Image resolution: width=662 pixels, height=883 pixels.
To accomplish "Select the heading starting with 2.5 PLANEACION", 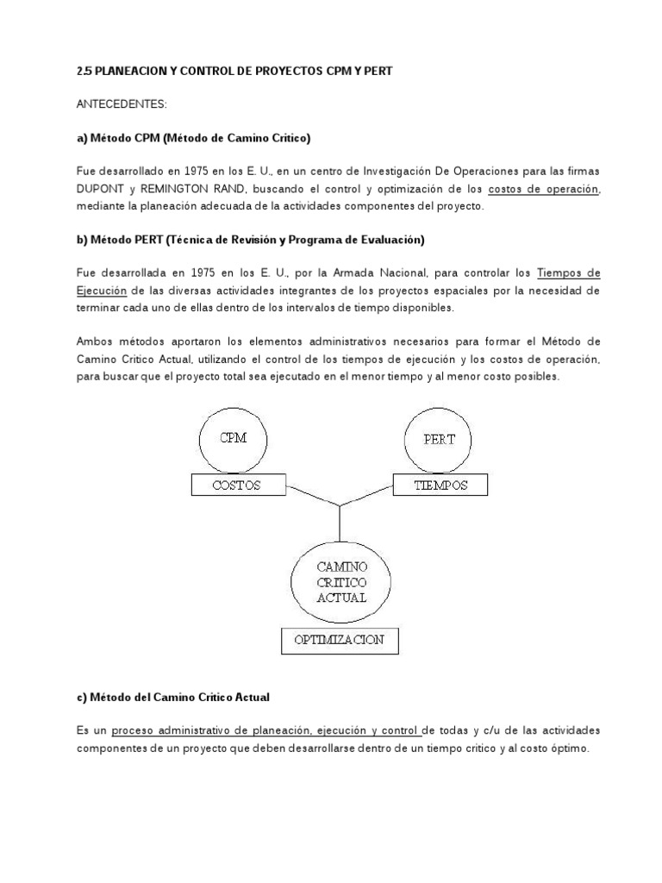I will tap(234, 72).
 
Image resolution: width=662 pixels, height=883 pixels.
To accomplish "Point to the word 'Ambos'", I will tap(96, 342).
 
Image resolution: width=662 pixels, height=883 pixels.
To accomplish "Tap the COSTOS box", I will tap(236, 485).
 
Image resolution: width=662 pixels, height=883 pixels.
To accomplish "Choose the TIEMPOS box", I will tap(440, 485).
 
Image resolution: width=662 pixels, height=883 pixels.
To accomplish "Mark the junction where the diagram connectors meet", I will tap(341, 504).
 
